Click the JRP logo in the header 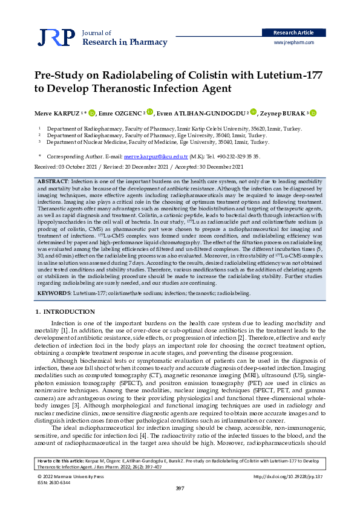[x=53, y=38]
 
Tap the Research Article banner [x=293, y=32]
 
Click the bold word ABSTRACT [x=53, y=181]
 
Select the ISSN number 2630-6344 [x=61, y=482]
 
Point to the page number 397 [x=180, y=488]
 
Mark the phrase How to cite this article [x=59, y=461]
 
